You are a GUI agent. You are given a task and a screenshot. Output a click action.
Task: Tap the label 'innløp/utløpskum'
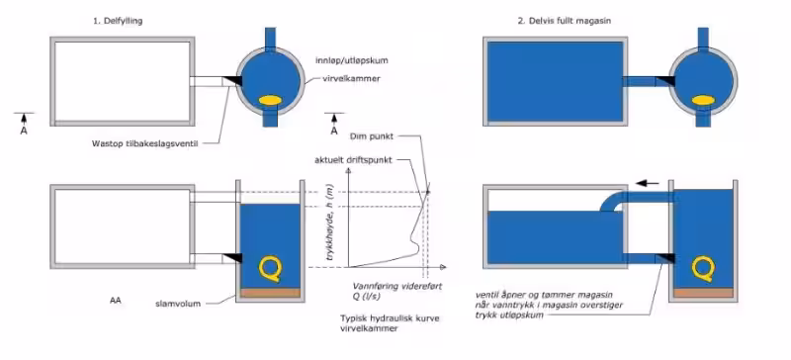pos(353,60)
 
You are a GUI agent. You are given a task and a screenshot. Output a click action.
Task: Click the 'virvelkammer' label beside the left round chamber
pos(354,79)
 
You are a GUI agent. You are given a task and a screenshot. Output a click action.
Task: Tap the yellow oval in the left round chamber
pos(270,101)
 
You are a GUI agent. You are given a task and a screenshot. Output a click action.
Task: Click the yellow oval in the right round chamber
pos(703,101)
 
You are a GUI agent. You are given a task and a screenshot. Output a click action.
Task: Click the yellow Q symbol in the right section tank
pos(703,269)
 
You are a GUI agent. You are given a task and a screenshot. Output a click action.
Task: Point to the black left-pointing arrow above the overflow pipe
pos(649,183)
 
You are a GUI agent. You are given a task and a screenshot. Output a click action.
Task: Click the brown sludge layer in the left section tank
pos(270,293)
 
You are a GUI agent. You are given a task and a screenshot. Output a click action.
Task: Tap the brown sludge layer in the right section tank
pos(703,293)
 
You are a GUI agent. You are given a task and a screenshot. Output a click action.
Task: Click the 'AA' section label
pos(116,301)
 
